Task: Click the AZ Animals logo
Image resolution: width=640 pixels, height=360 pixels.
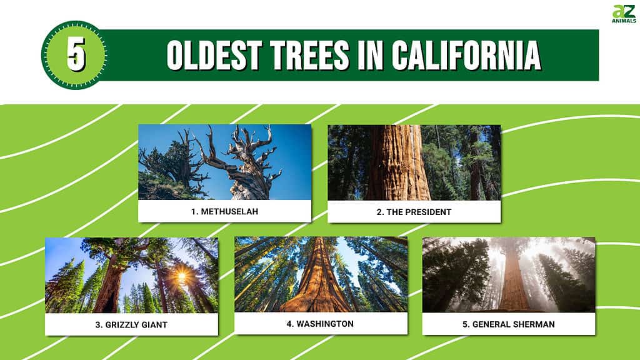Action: click(x=624, y=14)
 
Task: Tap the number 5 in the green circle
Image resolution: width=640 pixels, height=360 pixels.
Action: click(x=76, y=54)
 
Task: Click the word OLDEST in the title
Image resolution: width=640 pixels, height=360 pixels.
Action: click(x=214, y=55)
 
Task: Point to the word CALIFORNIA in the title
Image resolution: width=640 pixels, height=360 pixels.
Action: click(x=466, y=55)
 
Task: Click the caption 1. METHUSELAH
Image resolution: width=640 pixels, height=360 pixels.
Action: click(x=224, y=211)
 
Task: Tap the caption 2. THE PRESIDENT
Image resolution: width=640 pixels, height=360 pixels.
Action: click(x=414, y=212)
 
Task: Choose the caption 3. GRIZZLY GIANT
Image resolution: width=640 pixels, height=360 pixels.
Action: click(x=131, y=325)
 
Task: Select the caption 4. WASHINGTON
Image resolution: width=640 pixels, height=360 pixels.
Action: click(x=320, y=324)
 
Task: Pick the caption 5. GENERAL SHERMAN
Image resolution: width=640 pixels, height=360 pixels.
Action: click(x=509, y=324)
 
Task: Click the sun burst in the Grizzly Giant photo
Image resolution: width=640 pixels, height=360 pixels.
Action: click(x=182, y=277)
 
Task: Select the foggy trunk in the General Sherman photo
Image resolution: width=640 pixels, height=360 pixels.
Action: click(x=513, y=282)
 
